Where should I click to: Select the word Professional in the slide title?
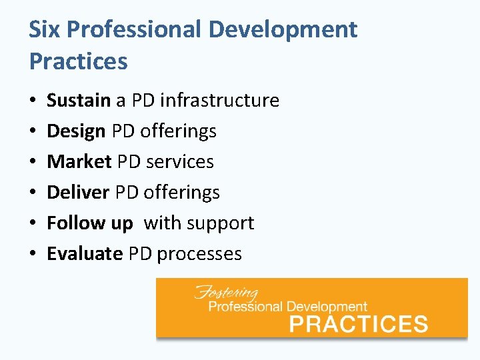coord(135,30)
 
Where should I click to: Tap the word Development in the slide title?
coord(283,30)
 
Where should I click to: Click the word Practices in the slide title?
coord(78,61)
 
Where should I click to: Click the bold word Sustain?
coord(78,101)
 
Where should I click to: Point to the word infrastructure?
coord(219,101)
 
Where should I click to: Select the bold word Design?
coord(76,131)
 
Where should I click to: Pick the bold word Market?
coord(79,162)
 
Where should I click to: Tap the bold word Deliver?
coord(78,193)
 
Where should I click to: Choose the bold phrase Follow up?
coord(89,223)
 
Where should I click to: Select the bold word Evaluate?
coord(85,254)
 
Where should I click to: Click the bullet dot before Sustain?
coord(33,101)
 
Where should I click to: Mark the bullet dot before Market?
coord(33,163)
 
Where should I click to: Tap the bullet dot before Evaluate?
coord(33,255)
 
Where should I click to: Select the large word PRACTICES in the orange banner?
coord(358,324)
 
